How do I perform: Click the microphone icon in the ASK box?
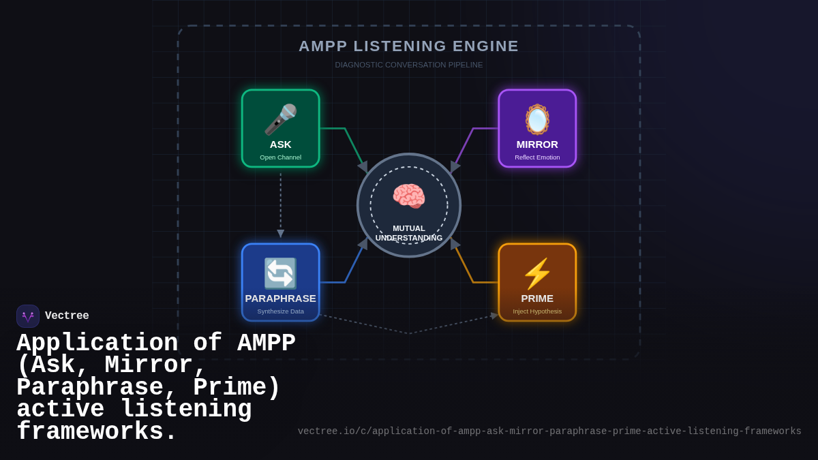(x=280, y=119)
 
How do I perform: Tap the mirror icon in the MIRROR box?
(x=537, y=119)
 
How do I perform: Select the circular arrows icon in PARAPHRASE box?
(x=280, y=273)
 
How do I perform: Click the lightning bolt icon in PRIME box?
(x=537, y=273)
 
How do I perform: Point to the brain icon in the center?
(x=409, y=196)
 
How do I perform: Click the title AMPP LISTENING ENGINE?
(x=409, y=46)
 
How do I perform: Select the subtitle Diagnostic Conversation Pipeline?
(x=409, y=65)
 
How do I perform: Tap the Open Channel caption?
(x=280, y=157)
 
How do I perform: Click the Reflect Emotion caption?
(x=537, y=157)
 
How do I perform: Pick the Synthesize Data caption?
(x=280, y=311)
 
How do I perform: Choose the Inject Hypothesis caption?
(x=537, y=311)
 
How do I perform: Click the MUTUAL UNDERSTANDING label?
(x=409, y=233)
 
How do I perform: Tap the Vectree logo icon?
(x=28, y=316)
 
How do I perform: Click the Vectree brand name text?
(x=67, y=316)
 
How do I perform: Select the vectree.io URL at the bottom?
(x=549, y=431)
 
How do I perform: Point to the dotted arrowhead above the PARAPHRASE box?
(x=280, y=234)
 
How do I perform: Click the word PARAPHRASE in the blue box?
(x=280, y=298)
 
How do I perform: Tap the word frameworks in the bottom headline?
(x=96, y=433)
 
